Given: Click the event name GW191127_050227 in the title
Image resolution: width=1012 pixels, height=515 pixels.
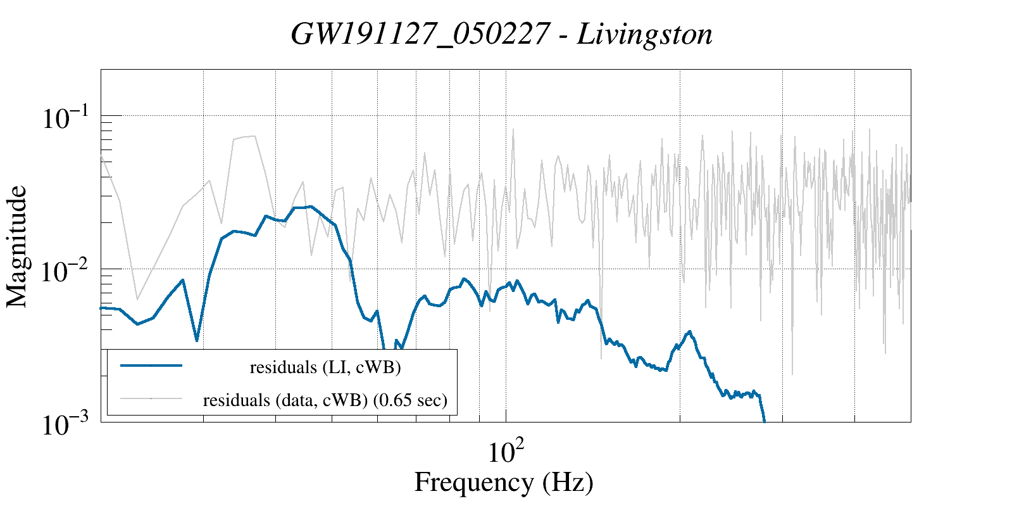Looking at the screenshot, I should (420, 34).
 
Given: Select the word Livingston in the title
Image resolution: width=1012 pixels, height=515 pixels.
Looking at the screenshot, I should (645, 34).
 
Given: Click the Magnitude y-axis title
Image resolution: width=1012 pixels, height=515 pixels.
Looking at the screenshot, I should (17, 246).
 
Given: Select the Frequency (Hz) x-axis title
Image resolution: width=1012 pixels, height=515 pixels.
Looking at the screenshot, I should (504, 483).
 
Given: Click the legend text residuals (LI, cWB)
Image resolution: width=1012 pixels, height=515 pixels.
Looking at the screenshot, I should (325, 367).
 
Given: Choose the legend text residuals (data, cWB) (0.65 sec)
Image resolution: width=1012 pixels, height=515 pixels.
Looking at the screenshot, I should (325, 400).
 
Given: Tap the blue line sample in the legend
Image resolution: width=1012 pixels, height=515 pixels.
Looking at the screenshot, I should (151, 366).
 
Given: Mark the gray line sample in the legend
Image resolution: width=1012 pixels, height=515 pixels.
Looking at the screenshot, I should (151, 398).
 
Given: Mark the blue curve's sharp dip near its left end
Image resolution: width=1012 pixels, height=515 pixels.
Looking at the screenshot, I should (197, 341).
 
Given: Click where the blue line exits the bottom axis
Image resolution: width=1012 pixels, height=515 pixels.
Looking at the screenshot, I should (765, 421).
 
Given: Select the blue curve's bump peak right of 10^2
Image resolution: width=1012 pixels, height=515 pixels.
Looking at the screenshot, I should (689, 331).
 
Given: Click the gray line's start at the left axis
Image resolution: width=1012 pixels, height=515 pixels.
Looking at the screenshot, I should (102, 156).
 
